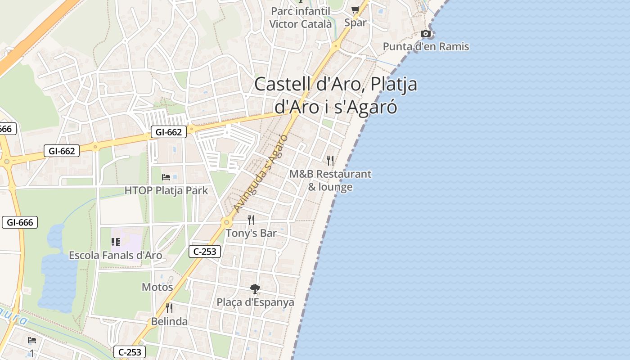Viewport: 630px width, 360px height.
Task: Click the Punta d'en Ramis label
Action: pos(426,46)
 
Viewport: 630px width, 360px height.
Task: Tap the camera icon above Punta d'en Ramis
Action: pos(425,33)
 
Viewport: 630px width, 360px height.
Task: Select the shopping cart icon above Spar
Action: pos(355,9)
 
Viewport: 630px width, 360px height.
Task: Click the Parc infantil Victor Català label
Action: pos(300,17)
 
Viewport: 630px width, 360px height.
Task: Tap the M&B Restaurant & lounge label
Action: pos(330,180)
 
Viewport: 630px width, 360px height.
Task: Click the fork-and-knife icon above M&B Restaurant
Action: pos(330,160)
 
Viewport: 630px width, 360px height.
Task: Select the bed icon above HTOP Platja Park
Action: pos(166,177)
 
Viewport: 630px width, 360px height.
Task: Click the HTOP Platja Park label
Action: pos(166,190)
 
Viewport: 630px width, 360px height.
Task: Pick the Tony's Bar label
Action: pos(251,233)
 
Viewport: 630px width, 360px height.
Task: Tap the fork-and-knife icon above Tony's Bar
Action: pos(251,220)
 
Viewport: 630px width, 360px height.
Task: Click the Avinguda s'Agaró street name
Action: pos(261,174)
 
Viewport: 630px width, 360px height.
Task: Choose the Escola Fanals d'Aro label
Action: pos(115,255)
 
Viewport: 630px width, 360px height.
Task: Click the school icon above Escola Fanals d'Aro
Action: pos(116,243)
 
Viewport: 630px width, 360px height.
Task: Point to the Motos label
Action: pos(157,287)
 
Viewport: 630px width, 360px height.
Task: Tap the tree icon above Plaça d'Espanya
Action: pos(255,289)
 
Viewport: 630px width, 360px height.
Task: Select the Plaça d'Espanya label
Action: pos(255,302)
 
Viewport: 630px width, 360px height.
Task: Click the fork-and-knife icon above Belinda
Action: pos(169,308)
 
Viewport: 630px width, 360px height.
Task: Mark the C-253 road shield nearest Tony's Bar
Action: pos(205,252)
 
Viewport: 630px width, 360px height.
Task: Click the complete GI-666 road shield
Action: pos(20,222)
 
